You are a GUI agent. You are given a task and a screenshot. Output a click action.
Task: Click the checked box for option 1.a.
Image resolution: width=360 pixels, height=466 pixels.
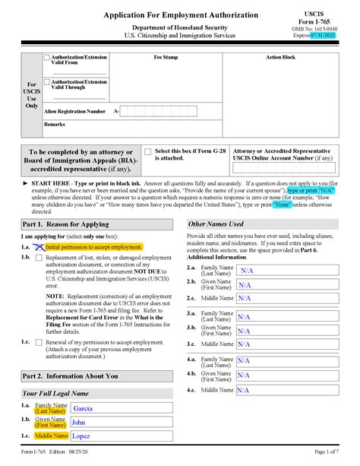point(38,248)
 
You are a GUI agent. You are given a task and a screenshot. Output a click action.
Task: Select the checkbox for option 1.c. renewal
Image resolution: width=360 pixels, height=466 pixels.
point(38,342)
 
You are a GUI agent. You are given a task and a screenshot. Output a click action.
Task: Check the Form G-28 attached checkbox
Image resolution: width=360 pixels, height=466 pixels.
point(148,152)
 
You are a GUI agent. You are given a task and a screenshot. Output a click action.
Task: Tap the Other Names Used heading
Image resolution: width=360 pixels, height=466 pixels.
point(216,224)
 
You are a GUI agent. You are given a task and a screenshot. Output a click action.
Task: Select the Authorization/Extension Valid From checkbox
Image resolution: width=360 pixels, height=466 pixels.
point(46,58)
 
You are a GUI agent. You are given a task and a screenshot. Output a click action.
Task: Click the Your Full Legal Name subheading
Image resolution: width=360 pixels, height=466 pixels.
point(55,394)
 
